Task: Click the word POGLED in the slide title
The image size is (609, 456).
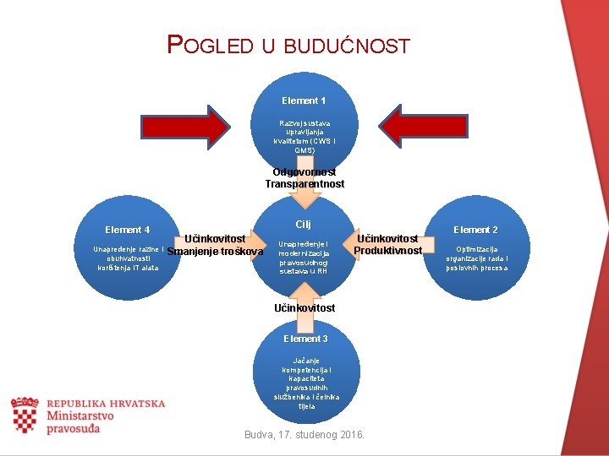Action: tap(210, 45)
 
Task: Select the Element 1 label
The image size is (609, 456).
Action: tap(304, 100)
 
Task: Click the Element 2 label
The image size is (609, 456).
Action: tap(476, 230)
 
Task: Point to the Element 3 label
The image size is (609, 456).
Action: tap(305, 339)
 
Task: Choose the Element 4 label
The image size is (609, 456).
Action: tap(128, 230)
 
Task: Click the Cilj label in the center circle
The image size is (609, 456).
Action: tap(304, 224)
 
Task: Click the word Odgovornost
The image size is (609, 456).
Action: tap(304, 172)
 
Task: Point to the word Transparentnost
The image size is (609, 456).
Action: tap(304, 184)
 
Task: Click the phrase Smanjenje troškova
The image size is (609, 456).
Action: tap(210, 252)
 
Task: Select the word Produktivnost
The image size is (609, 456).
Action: tap(388, 251)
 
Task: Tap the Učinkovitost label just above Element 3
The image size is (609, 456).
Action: tap(304, 308)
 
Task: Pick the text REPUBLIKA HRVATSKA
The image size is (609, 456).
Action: tap(106, 404)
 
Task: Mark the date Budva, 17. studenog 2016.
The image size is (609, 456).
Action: tap(304, 435)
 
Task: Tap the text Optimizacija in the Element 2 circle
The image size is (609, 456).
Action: tap(477, 250)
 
